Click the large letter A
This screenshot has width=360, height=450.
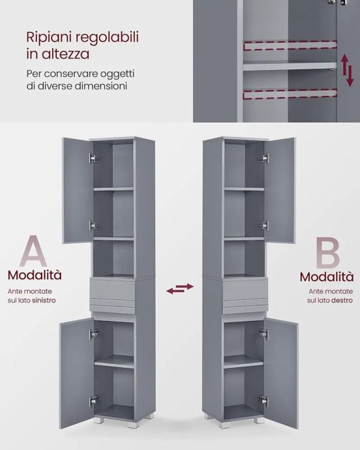coord(33,251)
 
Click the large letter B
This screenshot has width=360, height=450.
coord(327,252)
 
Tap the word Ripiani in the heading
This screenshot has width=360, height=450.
coord(48,38)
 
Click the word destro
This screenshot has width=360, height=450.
coord(342,301)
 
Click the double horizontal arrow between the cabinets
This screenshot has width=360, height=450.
coord(180,288)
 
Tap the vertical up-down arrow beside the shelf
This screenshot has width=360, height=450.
coord(347,70)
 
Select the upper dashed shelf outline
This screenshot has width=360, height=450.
coord(290,46)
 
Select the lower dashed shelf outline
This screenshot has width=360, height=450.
coord(290,95)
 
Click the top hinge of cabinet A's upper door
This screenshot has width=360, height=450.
coord(93,158)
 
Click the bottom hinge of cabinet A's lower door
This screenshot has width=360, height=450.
coord(94,400)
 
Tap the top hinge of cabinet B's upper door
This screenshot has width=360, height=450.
coord(264,157)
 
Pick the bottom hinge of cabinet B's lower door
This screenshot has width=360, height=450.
coord(263,400)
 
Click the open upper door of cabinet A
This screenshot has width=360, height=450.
coord(78,190)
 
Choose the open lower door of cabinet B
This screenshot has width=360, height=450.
coord(281,372)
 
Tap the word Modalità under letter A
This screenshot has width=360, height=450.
coord(35,275)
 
